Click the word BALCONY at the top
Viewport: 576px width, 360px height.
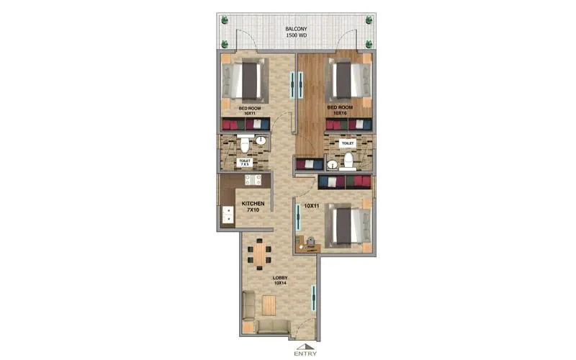pyautogui.click(x=296, y=29)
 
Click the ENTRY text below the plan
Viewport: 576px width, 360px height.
pyautogui.click(x=305, y=353)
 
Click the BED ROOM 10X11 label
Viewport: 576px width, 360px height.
pyautogui.click(x=251, y=110)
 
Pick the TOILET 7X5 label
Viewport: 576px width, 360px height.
pyautogui.click(x=245, y=162)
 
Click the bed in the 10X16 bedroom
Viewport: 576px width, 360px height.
pyautogui.click(x=349, y=79)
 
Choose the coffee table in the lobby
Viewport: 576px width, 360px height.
pyautogui.click(x=268, y=305)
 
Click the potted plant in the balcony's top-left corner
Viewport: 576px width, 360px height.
pyautogui.click(x=224, y=19)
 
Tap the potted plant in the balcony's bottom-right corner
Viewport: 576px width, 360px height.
pyautogui.click(x=369, y=44)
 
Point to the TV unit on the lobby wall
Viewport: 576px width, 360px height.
pyautogui.click(x=313, y=296)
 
